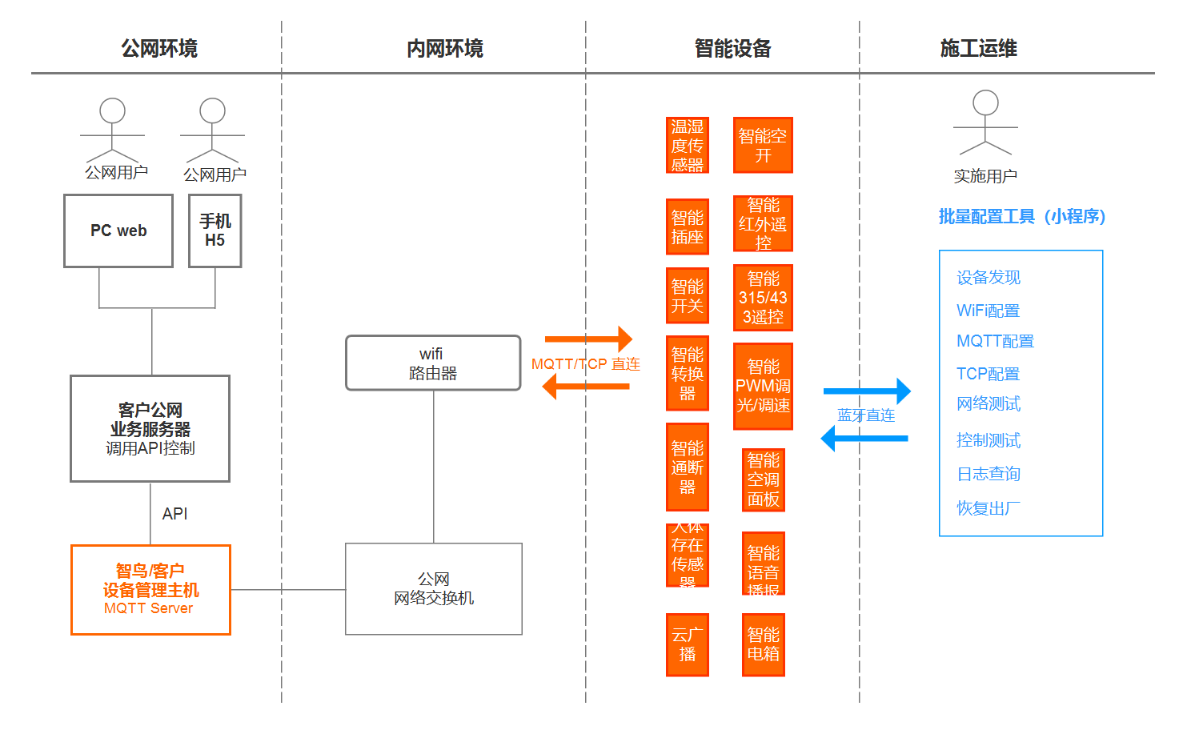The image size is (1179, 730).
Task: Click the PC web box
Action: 118,231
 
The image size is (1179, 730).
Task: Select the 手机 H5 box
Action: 215,231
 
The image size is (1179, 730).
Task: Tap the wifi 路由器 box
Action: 433,363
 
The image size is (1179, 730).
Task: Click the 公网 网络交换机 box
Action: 433,589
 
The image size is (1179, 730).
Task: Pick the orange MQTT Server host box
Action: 150,590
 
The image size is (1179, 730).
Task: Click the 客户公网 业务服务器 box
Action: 150,429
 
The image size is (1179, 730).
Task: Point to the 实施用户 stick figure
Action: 985,123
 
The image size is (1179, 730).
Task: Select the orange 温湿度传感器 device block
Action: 687,146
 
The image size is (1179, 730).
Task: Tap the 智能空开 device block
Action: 763,146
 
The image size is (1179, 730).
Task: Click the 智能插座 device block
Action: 687,227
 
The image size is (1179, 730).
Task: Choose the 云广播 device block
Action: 687,644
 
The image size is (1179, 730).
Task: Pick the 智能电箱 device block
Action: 763,644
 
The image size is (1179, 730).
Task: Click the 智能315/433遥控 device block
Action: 763,298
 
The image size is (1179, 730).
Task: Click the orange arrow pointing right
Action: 588,339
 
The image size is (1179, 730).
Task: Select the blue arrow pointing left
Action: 864,439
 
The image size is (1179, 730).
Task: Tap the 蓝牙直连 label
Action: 866,415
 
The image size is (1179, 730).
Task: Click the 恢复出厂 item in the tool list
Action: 989,508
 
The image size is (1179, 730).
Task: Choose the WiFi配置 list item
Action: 988,311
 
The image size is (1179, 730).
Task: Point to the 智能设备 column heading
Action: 732,49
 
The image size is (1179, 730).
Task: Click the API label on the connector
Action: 174,514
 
